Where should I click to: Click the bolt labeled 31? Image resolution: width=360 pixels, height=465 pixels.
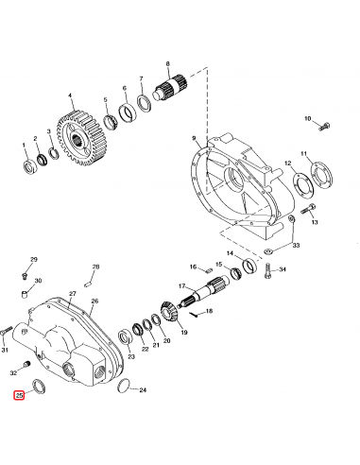[8, 331]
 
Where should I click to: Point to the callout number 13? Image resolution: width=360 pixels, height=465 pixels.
[315, 223]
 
